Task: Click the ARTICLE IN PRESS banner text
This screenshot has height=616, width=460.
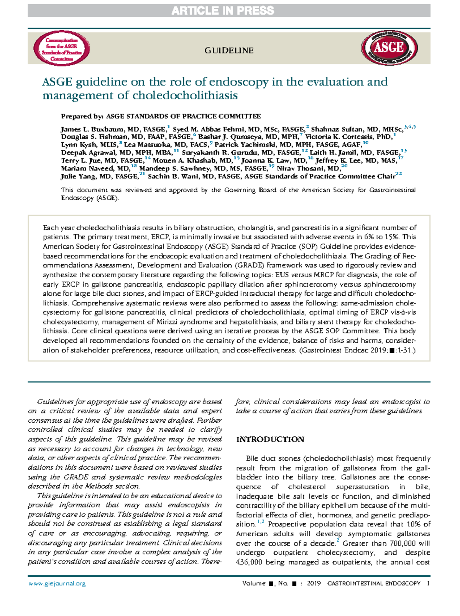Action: [x=223, y=11]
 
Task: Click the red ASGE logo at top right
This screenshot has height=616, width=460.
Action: [x=389, y=48]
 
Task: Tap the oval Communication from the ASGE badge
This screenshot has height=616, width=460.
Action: [x=62, y=49]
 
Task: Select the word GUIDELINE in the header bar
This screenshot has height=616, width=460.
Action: [x=229, y=51]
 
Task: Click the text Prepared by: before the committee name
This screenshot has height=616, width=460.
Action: [x=82, y=116]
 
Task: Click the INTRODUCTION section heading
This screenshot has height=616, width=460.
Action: [x=270, y=440]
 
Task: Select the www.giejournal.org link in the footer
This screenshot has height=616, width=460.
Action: [x=57, y=584]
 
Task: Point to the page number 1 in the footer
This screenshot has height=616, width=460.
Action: [x=428, y=583]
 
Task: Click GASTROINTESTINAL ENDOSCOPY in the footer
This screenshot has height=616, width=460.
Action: [x=373, y=583]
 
